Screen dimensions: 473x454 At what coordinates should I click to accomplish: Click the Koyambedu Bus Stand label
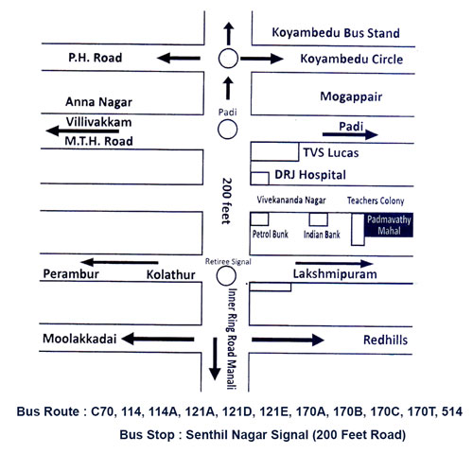336,33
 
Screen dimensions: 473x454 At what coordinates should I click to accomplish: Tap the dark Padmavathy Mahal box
389,225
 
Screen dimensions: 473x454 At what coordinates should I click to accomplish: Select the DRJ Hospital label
310,175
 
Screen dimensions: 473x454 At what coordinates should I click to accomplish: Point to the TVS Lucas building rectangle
274,152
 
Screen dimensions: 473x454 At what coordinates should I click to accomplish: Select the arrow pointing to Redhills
288,340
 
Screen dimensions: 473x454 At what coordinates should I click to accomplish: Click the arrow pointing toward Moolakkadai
158,339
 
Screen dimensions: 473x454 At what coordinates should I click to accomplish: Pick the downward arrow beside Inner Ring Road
215,358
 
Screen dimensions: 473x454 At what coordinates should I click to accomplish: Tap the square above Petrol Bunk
259,214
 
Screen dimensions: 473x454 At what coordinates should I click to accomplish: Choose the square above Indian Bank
318,214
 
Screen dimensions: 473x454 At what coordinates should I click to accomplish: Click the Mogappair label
351,96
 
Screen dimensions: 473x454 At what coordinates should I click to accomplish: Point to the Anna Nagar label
98,102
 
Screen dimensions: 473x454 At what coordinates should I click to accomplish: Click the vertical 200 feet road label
226,201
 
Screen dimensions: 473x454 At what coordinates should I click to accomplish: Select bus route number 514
452,411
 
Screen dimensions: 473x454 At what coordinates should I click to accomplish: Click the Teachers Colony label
376,201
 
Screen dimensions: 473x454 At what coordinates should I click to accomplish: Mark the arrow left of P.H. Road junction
179,58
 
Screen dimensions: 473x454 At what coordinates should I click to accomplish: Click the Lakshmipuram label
335,274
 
